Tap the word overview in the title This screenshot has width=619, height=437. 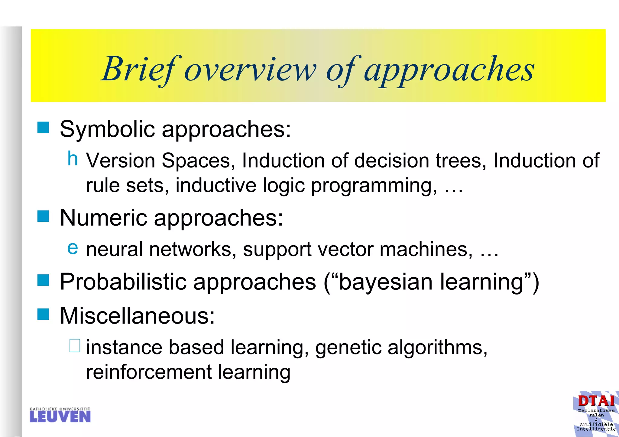(250, 70)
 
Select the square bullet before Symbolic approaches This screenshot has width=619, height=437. (43, 128)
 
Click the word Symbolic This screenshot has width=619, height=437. (107, 129)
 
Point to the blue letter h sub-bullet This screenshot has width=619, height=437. (73, 158)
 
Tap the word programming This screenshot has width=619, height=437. (374, 186)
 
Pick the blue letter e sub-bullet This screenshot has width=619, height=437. (73, 248)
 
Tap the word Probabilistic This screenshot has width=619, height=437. (123, 282)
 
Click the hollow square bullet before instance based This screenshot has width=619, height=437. (75, 346)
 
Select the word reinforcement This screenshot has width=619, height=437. (149, 372)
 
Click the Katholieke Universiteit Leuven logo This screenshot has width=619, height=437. (60, 415)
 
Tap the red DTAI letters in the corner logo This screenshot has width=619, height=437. (596, 401)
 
